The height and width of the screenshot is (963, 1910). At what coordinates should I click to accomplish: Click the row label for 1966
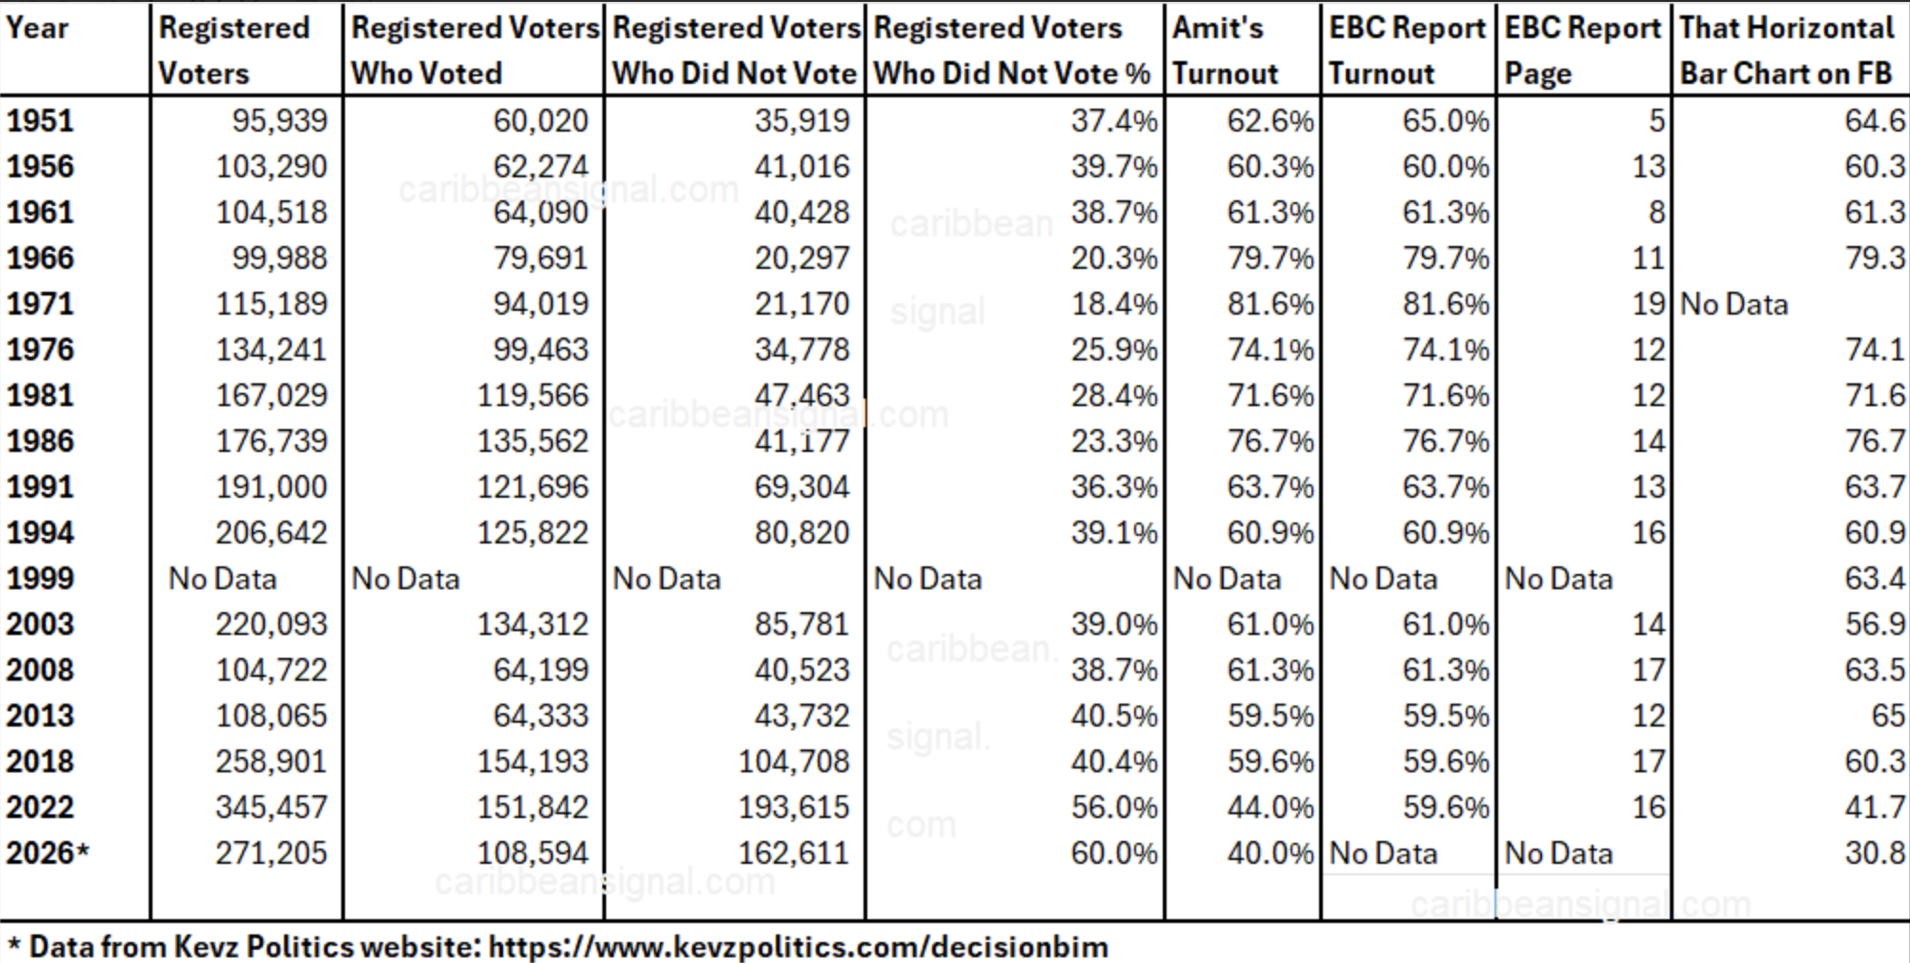point(40,257)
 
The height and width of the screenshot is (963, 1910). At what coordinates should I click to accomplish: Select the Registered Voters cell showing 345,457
point(271,807)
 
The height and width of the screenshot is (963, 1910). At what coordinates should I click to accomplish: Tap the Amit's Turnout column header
point(1225,51)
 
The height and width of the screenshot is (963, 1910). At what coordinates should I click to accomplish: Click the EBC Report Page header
point(1582,51)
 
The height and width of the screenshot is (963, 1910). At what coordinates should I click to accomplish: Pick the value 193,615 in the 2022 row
point(793,807)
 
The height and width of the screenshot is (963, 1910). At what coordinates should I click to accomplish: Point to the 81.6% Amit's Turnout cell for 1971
point(1270,303)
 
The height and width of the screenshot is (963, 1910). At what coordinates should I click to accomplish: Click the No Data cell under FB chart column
point(1734,304)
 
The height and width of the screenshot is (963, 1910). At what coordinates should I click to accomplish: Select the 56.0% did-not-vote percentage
point(1113,807)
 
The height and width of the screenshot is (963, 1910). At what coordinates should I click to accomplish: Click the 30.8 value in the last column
point(1874,852)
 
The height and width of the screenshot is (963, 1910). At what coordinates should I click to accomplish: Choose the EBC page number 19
point(1648,303)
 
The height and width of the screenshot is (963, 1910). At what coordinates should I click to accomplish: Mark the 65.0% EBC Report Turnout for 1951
point(1445,120)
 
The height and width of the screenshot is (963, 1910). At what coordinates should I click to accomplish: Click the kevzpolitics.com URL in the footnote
point(798,947)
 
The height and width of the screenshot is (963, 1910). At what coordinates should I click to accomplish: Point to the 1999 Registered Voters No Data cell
point(222,579)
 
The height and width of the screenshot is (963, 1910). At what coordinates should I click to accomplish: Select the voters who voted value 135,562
point(533,441)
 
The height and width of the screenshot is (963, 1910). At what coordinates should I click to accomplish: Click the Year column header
point(38,28)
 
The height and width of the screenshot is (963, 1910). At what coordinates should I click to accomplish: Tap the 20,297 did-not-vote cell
point(801,257)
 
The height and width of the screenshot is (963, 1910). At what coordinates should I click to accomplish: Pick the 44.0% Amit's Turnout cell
point(1270,807)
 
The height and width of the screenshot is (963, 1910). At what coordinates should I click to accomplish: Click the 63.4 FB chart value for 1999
point(1874,578)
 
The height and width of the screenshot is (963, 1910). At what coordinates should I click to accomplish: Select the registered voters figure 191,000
point(271,486)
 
